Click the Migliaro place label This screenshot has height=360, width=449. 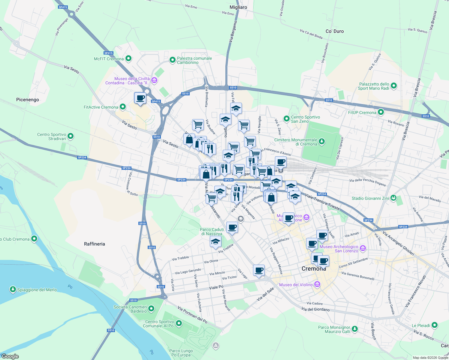(x=238, y=7)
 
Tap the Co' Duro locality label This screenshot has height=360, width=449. (x=334, y=31)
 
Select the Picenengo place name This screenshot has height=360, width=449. (x=27, y=100)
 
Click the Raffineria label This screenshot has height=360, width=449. (x=94, y=244)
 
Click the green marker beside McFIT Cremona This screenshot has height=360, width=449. (x=128, y=58)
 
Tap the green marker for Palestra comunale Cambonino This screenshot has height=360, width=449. (x=172, y=60)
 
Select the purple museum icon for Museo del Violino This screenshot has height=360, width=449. (x=317, y=285)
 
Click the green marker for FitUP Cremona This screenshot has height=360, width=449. (x=381, y=112)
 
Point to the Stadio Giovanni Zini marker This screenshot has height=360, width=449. (x=394, y=198)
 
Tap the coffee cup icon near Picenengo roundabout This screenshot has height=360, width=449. (x=140, y=98)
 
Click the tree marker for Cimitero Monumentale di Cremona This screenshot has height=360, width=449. (x=322, y=141)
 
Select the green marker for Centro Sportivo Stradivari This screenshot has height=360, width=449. (x=71, y=136)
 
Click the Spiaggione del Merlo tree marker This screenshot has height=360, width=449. (x=13, y=289)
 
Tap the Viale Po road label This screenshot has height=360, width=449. (x=216, y=287)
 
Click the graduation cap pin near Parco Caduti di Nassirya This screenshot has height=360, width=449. (x=215, y=241)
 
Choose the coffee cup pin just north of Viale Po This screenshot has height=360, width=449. (x=259, y=270)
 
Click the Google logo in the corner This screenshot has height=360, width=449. (x=10, y=356)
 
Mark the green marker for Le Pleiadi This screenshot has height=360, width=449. (x=434, y=325)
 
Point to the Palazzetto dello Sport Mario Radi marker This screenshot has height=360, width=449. (x=394, y=86)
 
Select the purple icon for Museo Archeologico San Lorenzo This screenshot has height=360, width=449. (x=363, y=248)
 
